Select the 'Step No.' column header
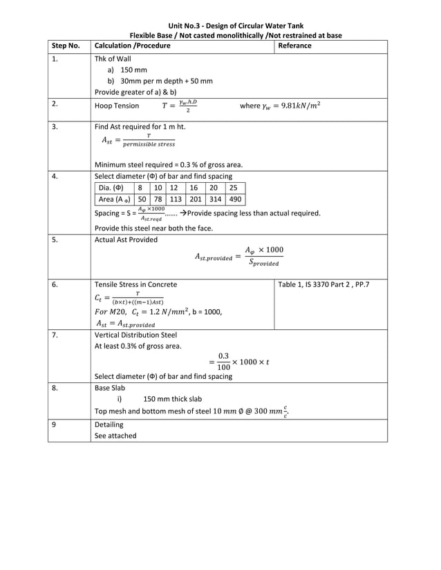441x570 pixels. tap(66, 46)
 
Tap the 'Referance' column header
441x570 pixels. tap(294, 46)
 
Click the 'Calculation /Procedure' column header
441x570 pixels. tap(132, 46)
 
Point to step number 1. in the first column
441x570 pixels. tap(55, 59)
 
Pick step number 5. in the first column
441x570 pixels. tap(55, 239)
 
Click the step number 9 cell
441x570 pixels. tap(54, 424)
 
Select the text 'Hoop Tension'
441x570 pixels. tap(116, 106)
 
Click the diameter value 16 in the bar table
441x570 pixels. tap(194, 187)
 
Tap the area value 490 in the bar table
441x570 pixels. tap(234, 199)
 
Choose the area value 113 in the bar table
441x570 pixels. tap(175, 199)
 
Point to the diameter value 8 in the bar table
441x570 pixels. tap(140, 187)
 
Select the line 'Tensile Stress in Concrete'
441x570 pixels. tap(135, 284)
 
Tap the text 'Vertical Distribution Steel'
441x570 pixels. tap(135, 335)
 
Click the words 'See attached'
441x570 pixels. tap(115, 435)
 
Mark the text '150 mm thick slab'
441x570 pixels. tap(173, 398)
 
